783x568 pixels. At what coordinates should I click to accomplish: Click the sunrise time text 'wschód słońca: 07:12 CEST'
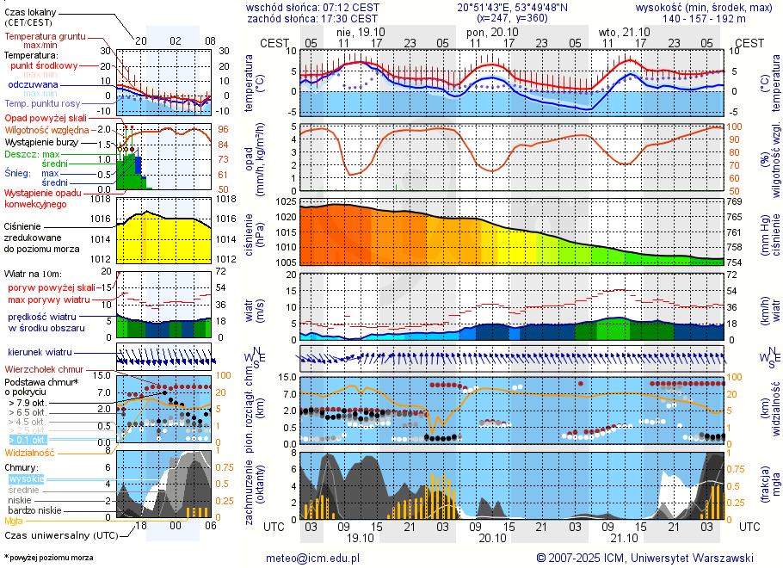pyautogui.click(x=311, y=7)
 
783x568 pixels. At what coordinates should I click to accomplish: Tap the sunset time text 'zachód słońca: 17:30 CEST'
pyautogui.click(x=311, y=18)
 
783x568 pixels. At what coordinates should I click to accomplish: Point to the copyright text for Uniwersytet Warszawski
pyautogui.click(x=644, y=558)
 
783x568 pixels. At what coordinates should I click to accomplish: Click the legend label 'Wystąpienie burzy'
pyautogui.click(x=44, y=140)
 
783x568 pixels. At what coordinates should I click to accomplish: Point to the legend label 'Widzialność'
pyautogui.click(x=29, y=452)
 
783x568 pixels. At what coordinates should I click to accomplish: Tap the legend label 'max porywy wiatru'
pyautogui.click(x=49, y=299)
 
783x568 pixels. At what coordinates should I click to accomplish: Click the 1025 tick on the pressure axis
pyautogui.click(x=286, y=201)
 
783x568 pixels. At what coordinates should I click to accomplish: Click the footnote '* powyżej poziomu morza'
pyautogui.click(x=48, y=558)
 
